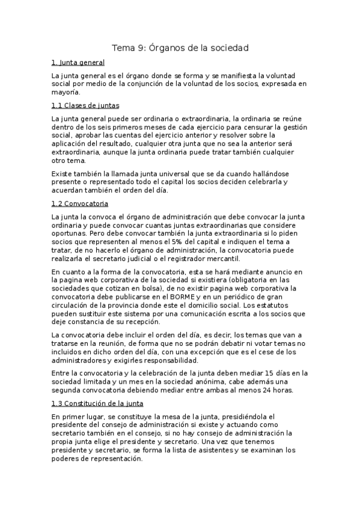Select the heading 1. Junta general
pos(78,63)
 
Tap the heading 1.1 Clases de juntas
pos(85,105)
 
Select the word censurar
pos(261,127)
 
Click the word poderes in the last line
pos(66,458)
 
